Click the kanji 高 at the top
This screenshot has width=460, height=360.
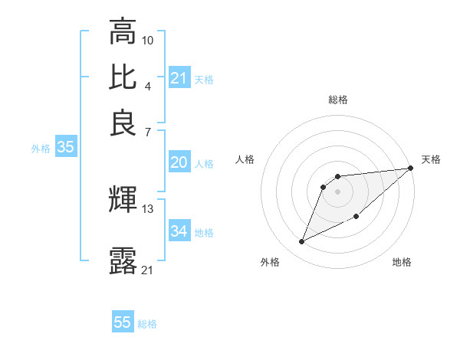click(123, 32)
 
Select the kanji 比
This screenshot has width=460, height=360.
click(123, 77)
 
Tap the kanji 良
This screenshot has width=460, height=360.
click(123, 122)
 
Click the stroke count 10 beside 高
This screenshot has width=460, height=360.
click(148, 39)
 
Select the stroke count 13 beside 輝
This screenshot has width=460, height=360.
click(148, 208)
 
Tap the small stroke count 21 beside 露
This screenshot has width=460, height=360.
click(148, 270)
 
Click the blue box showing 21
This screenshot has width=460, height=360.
click(179, 78)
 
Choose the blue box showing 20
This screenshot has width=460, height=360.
click(179, 162)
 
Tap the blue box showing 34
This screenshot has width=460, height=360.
click(179, 231)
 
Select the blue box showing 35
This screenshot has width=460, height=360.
click(65, 148)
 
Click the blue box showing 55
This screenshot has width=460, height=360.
click(123, 322)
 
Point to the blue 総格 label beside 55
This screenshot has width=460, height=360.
click(147, 324)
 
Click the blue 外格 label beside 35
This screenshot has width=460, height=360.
click(41, 149)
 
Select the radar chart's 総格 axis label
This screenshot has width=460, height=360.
click(337, 100)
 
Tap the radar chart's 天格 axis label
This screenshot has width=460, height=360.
click(431, 159)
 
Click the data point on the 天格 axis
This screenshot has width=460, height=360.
click(411, 168)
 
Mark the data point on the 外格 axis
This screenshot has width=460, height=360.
click(302, 242)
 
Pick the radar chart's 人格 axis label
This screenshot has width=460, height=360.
click(245, 159)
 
